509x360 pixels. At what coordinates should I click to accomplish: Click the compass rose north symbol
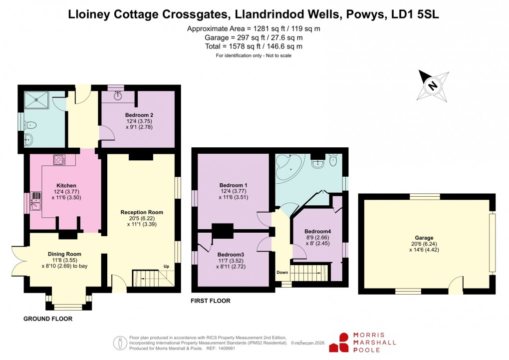click(433, 85)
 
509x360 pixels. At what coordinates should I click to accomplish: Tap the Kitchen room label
click(66, 186)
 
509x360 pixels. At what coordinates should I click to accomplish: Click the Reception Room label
click(142, 212)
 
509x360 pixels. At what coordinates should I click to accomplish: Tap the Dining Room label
click(64, 254)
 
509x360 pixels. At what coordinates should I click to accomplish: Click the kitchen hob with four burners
click(59, 160)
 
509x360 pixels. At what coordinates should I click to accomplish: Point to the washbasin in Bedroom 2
click(119, 95)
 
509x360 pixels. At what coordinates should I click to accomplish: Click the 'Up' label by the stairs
click(167, 266)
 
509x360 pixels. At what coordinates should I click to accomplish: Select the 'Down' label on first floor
click(282, 273)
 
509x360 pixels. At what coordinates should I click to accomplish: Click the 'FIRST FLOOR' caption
click(211, 301)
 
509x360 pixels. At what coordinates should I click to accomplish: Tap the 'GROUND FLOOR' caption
click(48, 319)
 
